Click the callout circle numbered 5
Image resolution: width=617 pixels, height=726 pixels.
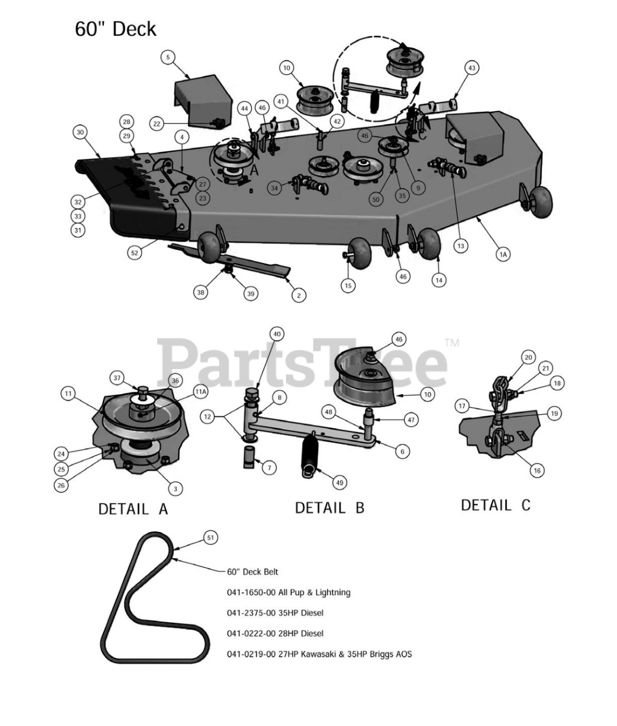pyautogui.click(x=168, y=57)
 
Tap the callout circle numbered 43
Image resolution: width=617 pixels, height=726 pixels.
pyautogui.click(x=472, y=67)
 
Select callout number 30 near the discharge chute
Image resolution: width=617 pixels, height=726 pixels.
pyautogui.click(x=80, y=132)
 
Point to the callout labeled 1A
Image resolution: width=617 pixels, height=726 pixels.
pyautogui.click(x=503, y=255)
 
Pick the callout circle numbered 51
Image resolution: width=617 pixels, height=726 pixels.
pyautogui.click(x=211, y=538)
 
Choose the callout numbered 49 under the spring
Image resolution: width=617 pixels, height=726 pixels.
pyautogui.click(x=339, y=483)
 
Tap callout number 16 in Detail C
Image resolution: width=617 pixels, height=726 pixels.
pyautogui.click(x=537, y=470)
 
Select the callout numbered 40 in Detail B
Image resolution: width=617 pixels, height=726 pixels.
pyautogui.click(x=277, y=334)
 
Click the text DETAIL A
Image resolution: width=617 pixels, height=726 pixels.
pyautogui.click(x=133, y=509)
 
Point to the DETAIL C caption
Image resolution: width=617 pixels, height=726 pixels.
pyautogui.click(x=496, y=505)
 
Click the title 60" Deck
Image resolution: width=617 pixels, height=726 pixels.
pyautogui.click(x=115, y=28)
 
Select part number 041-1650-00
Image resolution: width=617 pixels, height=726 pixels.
pyautogui.click(x=251, y=592)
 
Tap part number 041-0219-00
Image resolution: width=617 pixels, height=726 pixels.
pyautogui.click(x=251, y=653)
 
